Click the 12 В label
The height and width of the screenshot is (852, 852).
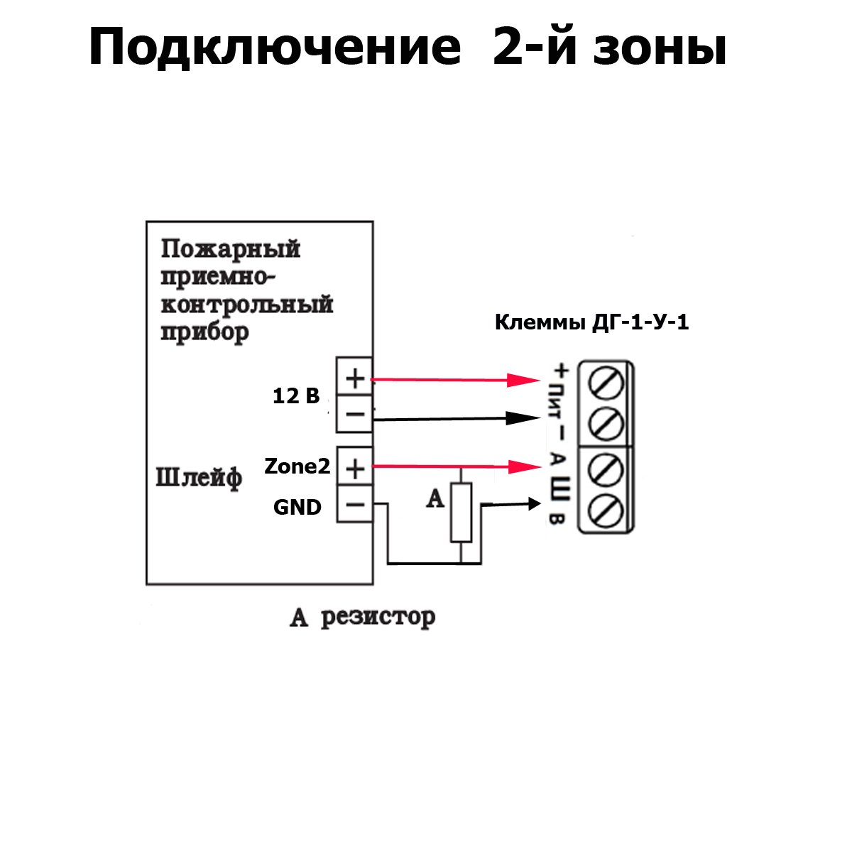296,395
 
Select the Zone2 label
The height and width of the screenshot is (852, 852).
297,466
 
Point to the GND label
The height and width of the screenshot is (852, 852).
297,507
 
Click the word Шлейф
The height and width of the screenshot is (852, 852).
199,479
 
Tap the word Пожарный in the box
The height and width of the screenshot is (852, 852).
230,249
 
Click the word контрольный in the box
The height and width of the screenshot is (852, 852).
246,304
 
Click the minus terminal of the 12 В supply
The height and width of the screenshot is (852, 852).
354,414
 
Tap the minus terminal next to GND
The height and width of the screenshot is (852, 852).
355,504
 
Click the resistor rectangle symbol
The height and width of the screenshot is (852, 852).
461,513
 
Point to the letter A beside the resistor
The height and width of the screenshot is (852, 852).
435,498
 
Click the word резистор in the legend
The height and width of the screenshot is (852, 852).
378,618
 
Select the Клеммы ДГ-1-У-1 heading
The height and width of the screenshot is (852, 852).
591,322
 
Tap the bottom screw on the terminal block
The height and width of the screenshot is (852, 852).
606,511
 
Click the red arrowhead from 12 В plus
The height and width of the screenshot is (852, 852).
523,380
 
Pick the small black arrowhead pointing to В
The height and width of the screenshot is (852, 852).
535,503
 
